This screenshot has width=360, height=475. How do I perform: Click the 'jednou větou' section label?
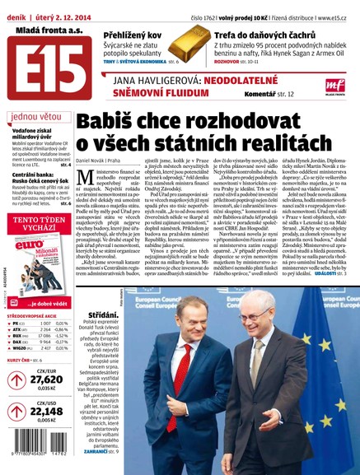click(x=35, y=116)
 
